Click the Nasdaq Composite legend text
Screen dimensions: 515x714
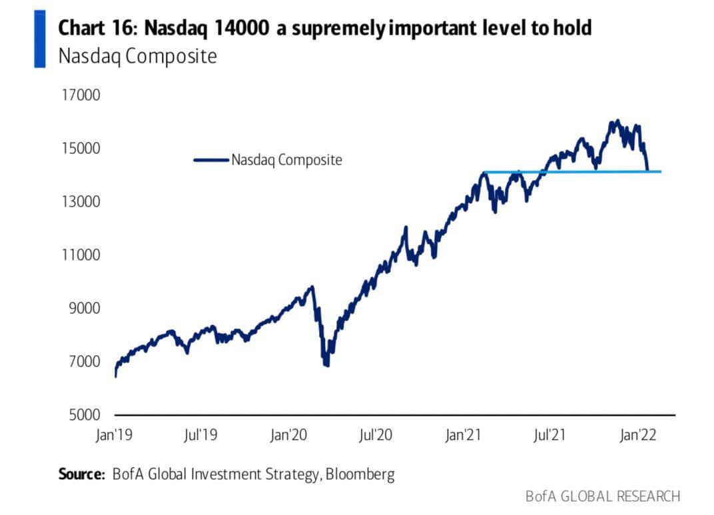click(x=286, y=160)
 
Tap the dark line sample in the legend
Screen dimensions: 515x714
click(x=210, y=160)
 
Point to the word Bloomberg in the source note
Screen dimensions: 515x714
click(x=361, y=475)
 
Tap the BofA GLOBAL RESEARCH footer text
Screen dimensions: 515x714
click(x=603, y=496)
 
